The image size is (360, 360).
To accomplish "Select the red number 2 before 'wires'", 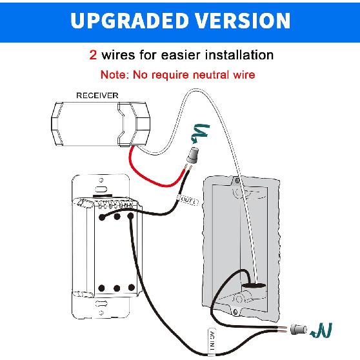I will pos(94,55).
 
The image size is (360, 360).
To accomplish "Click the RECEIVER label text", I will pos(97,95).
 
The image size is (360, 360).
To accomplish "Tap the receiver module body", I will pos(100,123).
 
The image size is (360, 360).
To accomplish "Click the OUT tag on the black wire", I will pos(190,202).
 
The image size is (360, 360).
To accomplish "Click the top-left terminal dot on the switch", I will pos(102,217).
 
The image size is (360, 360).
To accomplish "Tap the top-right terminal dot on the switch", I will pos(130,217).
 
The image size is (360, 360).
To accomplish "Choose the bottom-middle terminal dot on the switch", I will pos(116,287).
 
